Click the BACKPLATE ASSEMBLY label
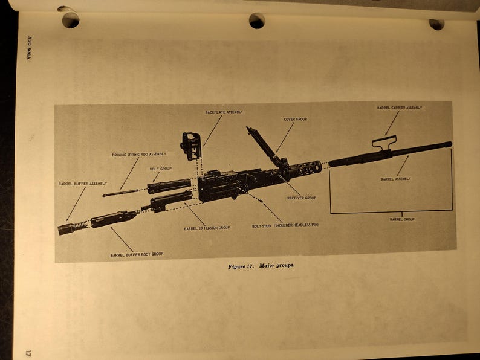coord(224,112)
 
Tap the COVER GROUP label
coord(296,120)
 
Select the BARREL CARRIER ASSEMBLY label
coord(400,108)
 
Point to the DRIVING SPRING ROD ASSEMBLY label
coord(139,155)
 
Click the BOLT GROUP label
coord(161,169)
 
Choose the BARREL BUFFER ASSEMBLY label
coord(83,184)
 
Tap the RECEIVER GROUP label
coord(301,198)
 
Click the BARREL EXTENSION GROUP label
coord(207,228)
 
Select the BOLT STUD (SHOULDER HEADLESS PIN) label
coord(285,226)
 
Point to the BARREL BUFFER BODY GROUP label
coord(136,255)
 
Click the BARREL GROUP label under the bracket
coord(401,219)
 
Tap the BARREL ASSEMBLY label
coord(396,179)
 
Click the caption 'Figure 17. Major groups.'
coord(261,266)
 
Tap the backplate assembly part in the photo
coord(191,146)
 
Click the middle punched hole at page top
coord(257,21)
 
